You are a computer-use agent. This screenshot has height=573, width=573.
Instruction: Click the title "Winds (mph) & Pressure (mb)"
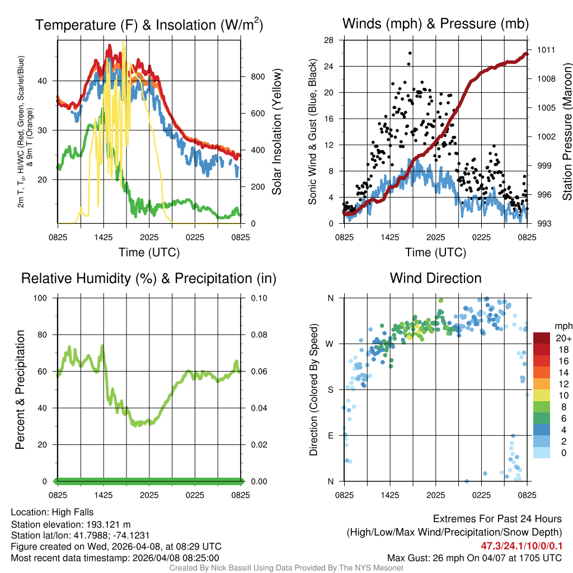pyautogui.click(x=435, y=24)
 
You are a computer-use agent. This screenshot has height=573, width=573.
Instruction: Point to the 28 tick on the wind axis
pyautogui.click(x=329, y=40)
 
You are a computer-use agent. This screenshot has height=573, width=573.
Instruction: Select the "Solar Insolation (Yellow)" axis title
pyautogui.click(x=276, y=131)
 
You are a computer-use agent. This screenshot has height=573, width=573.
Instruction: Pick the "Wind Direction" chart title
pyautogui.click(x=435, y=278)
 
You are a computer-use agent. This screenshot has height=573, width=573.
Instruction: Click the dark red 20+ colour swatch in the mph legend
pyautogui.click(x=542, y=339)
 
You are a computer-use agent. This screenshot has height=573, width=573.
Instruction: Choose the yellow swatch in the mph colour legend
pyautogui.click(x=542, y=396)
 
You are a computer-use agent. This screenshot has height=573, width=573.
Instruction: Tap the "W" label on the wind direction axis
pyautogui.click(x=330, y=344)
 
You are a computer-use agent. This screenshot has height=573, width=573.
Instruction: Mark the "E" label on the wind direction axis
pyautogui.click(x=330, y=435)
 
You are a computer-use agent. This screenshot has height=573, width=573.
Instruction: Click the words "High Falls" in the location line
pyautogui.click(x=73, y=512)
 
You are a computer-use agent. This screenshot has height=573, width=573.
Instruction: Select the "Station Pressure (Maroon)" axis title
pyautogui.click(x=567, y=131)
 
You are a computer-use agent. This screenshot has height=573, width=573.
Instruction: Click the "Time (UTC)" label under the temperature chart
pyautogui.click(x=149, y=252)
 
